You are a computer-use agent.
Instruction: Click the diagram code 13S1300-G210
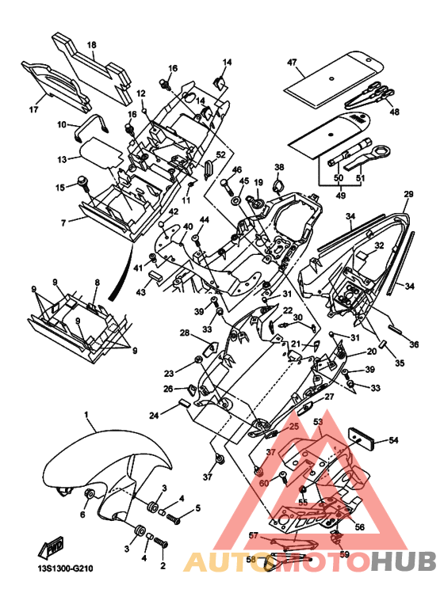click(x=63, y=568)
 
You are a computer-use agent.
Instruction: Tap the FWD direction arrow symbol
click(x=51, y=548)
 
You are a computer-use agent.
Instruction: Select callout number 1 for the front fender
click(x=86, y=413)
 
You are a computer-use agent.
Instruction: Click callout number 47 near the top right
click(x=292, y=63)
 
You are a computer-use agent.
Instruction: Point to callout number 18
click(x=91, y=45)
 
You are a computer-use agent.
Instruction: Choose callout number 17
click(x=34, y=109)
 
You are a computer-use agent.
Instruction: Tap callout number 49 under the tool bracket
click(x=341, y=195)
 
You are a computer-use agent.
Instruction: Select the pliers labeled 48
click(x=370, y=93)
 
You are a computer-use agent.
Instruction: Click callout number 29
click(x=408, y=194)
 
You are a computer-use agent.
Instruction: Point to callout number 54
click(x=393, y=440)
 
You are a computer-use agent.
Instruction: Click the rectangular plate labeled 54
click(x=361, y=439)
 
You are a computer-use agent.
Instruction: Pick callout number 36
click(x=414, y=344)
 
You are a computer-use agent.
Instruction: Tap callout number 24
click(x=154, y=416)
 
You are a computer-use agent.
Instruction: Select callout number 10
click(x=62, y=125)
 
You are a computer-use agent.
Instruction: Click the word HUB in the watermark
click(x=403, y=561)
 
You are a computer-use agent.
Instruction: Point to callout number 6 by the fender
click(x=82, y=515)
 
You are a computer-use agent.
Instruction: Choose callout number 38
click(x=279, y=167)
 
